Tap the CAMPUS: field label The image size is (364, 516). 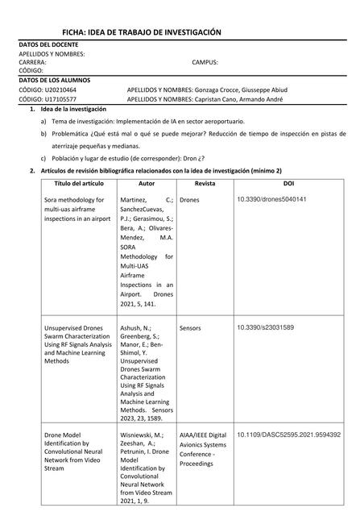205,61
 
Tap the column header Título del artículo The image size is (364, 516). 78,184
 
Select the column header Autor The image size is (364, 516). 147,184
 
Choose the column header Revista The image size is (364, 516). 205,184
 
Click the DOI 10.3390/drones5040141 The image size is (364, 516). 271,198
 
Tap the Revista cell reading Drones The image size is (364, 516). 190,199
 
